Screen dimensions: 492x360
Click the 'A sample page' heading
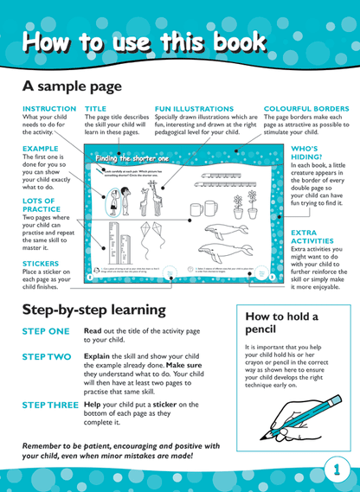[x=72, y=86]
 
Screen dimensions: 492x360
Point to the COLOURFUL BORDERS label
[x=306, y=109]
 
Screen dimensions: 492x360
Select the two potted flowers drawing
[x=245, y=203]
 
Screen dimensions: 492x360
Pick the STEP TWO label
[x=46, y=355]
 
